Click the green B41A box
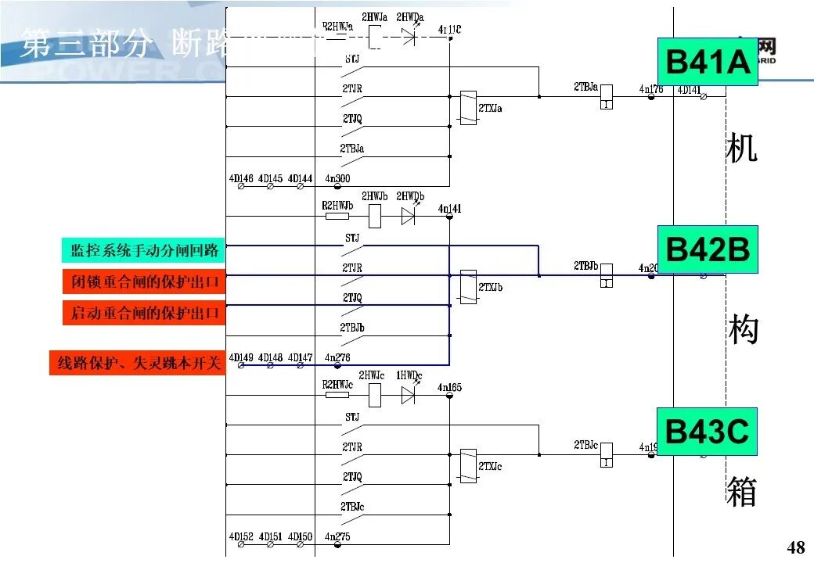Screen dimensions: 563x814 707,61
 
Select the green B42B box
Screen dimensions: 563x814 707,249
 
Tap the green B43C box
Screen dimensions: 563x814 707,432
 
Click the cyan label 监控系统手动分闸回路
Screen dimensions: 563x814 143,250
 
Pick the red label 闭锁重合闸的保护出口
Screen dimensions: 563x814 143,281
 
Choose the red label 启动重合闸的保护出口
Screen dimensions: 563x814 143,313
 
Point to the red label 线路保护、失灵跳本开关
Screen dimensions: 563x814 138,364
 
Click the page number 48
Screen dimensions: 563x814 794,547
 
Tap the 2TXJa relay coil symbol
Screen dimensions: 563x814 468,107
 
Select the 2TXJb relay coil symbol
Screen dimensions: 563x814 468,286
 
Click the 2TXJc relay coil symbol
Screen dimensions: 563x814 468,465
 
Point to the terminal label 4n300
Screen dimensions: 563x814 337,179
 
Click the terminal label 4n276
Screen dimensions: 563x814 337,358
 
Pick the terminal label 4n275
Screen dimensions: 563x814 337,536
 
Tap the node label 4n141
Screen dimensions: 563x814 449,209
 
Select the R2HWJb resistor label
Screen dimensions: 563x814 338,205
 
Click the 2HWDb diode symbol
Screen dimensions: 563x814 408,216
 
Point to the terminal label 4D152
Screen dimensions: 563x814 240,536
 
